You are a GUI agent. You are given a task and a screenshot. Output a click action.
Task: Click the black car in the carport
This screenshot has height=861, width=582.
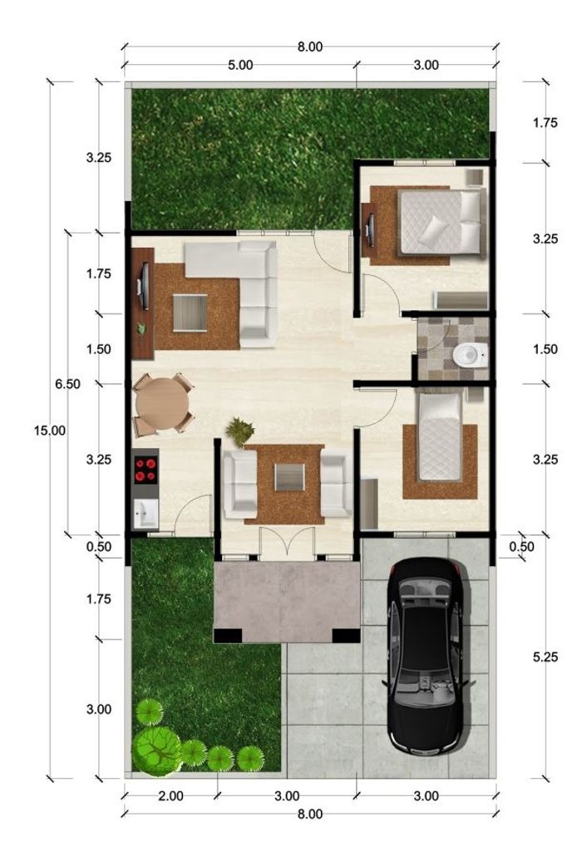coord(428,657)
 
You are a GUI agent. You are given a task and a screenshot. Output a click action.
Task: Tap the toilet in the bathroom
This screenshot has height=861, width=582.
coord(470,354)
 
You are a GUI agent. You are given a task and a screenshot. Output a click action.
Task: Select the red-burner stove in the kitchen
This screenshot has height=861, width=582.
coord(146,469)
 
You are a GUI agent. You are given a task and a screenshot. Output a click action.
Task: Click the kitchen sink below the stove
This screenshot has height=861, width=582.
coord(145,514)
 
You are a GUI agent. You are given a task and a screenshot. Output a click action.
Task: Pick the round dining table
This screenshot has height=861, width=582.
coord(161,404)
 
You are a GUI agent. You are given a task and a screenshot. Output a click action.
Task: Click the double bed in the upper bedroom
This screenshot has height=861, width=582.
coord(441,222)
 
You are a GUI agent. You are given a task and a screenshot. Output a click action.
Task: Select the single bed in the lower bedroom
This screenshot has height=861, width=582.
coord(439,436)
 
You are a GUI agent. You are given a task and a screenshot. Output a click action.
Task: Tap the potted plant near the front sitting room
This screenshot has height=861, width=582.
coord(240,431)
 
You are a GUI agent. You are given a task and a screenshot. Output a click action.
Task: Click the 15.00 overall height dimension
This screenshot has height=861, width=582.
coord(50,430)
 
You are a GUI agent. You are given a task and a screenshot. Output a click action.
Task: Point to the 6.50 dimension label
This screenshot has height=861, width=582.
coord(67,384)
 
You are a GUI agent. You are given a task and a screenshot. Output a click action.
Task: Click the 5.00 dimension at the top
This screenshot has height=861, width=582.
coord(240,65)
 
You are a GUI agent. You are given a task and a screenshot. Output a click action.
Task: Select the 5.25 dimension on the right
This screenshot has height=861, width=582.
coord(545,657)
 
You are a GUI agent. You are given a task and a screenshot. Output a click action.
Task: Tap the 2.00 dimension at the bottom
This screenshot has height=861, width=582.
coord(170,795)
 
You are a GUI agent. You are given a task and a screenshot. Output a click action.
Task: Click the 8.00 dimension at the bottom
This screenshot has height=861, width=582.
coord(310,814)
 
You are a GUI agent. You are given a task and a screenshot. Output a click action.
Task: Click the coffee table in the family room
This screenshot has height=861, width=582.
coord(190,313)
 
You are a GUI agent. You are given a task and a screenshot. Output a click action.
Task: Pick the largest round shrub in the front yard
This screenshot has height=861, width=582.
coord(156,749)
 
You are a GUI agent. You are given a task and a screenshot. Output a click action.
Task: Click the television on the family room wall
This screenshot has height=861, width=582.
coord(145,287)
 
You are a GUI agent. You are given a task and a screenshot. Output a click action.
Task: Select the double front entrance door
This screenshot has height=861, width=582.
coord(288,544)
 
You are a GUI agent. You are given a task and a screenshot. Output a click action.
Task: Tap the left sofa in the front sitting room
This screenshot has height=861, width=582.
coord(240,484)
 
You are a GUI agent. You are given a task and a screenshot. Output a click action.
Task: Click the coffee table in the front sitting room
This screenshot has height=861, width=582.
coord(289,477)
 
